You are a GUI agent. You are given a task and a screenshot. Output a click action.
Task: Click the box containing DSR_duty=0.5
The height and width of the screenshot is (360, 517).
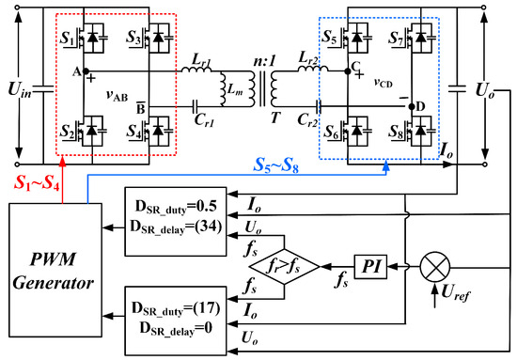(180, 213)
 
